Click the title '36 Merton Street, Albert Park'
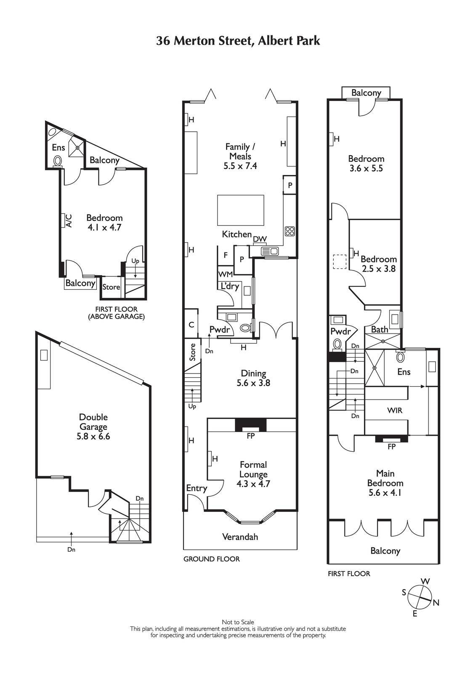point(238,41)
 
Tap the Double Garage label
point(93,427)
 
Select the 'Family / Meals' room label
point(240,156)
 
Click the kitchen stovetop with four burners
point(290,231)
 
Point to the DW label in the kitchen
point(260,239)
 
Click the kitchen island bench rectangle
point(240,210)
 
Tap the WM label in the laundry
point(225,274)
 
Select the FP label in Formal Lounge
point(250,436)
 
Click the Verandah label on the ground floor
point(240,537)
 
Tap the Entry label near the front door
point(197,488)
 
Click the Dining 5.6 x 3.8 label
point(253,378)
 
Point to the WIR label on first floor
point(394,410)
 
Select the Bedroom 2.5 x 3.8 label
point(378,264)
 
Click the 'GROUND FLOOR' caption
point(211,559)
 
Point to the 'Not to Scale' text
point(238,622)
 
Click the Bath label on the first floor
point(379,329)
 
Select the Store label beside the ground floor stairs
point(193,352)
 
